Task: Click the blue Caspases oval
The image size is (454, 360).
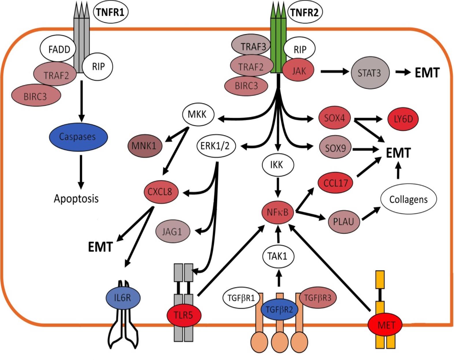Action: click(78, 137)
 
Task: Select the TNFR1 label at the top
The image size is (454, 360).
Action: click(111, 12)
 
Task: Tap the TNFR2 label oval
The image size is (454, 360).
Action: click(305, 12)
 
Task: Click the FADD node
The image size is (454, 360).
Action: click(59, 49)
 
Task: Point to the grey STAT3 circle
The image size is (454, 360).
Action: click(369, 73)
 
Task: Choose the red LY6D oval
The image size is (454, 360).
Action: click(403, 119)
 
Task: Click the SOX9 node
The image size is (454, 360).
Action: click(335, 147)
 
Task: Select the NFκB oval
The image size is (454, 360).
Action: click(277, 212)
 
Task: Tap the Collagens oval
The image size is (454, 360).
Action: click(408, 199)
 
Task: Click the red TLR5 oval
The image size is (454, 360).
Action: click(184, 315)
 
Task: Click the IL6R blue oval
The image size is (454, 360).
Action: click(123, 298)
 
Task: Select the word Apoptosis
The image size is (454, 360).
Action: click(76, 198)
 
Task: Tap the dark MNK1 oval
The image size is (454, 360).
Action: click(145, 145)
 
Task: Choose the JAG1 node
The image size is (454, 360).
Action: click(172, 231)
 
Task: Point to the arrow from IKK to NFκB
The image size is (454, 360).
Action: click(278, 187)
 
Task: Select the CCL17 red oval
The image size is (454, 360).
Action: click(336, 183)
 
